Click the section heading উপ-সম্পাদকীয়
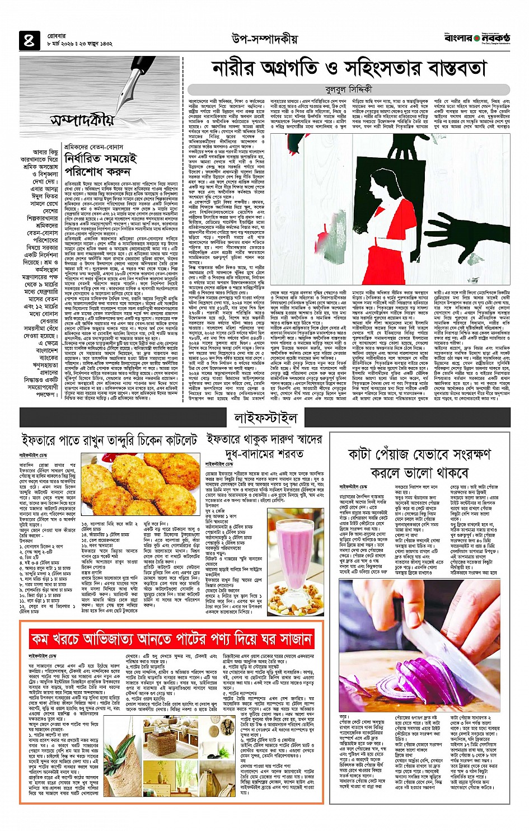coord(264,39)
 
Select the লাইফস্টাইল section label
coord(265,417)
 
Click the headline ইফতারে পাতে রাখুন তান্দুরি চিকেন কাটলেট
coord(109,440)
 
